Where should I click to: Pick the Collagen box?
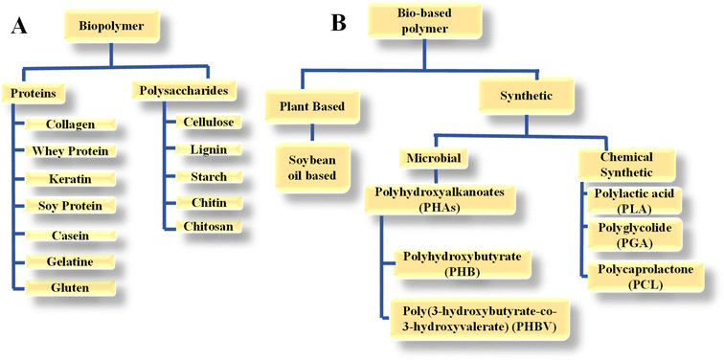click(x=69, y=124)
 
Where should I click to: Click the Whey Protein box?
click(x=69, y=151)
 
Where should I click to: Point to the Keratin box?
click(x=69, y=179)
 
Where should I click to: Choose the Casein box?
click(x=69, y=235)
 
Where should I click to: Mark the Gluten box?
click(x=69, y=287)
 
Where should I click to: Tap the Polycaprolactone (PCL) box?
click(x=633, y=277)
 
